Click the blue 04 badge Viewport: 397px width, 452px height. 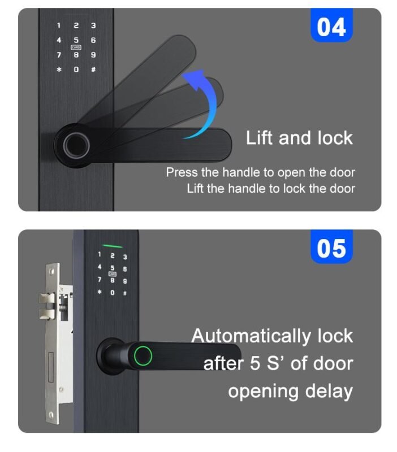[x=331, y=25]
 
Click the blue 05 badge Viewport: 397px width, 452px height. [x=331, y=247]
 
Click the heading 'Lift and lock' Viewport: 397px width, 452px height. [x=299, y=137]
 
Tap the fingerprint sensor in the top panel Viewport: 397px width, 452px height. [x=76, y=145]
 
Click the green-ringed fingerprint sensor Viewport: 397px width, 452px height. [x=143, y=355]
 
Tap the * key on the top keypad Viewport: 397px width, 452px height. [x=59, y=69]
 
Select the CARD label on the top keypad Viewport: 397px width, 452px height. [x=76, y=47]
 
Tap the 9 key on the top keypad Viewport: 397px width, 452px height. [x=93, y=55]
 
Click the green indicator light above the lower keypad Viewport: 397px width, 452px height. [x=113, y=246]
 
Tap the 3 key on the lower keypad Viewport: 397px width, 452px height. [x=125, y=257]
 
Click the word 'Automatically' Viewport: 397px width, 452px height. [x=251, y=336]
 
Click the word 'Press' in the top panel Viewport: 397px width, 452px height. [x=182, y=172]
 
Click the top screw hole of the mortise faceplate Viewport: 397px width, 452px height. [x=51, y=272]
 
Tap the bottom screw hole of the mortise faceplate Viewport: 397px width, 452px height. [x=51, y=415]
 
